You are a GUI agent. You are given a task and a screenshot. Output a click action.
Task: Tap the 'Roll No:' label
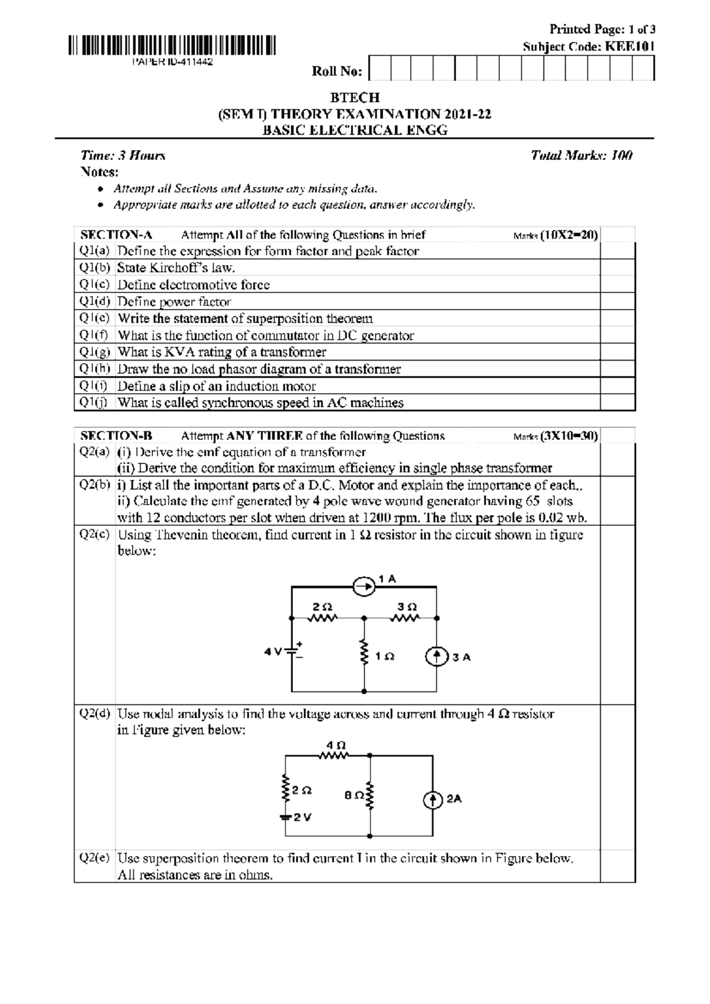tap(337, 72)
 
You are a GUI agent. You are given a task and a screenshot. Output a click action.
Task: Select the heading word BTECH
tap(354, 97)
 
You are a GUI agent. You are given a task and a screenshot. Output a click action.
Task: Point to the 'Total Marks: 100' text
tap(582, 156)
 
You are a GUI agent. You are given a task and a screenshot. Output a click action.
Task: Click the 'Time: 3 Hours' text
tap(122, 156)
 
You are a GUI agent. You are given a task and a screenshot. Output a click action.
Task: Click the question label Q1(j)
tap(95, 403)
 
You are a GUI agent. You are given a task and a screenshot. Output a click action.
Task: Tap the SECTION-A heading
tap(116, 235)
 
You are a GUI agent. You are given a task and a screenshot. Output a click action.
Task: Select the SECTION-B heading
tap(117, 436)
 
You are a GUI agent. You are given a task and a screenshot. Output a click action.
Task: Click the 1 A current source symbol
tap(364, 587)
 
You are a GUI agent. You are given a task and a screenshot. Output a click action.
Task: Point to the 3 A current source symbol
tap(437, 657)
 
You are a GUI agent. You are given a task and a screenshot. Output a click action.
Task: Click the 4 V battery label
tap(273, 652)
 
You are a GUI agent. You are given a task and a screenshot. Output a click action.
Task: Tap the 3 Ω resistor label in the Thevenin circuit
tap(407, 607)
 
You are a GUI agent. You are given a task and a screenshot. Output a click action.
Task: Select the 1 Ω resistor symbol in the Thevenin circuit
tap(364, 654)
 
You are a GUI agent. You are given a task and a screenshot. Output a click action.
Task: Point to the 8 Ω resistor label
tap(354, 796)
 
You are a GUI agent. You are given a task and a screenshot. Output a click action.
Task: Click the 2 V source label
tap(302, 817)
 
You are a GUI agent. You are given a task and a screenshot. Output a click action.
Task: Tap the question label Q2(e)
tap(95, 858)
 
